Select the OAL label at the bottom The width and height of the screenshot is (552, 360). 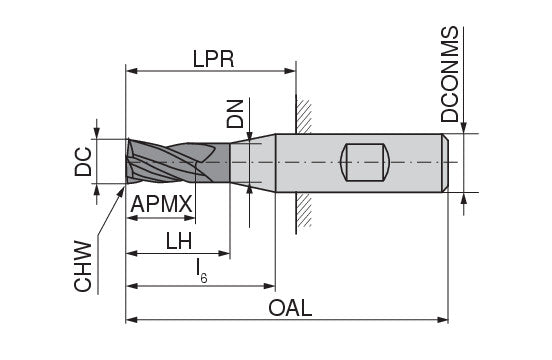(290, 307)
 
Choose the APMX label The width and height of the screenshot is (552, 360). (161, 205)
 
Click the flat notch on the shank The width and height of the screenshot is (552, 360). (364, 162)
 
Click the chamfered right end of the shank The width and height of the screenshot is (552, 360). (444, 162)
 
